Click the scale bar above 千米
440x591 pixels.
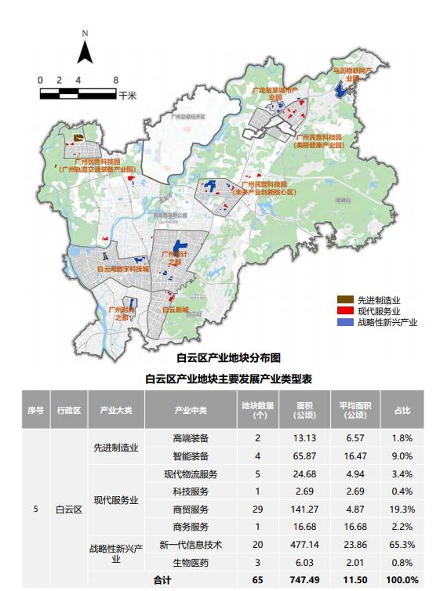pyautogui.click(x=78, y=94)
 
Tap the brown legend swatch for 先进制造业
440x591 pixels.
pyautogui.click(x=344, y=300)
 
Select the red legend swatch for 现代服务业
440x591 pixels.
pyautogui.click(x=344, y=311)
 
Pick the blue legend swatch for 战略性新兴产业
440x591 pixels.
pyautogui.click(x=344, y=322)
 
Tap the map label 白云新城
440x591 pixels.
pyautogui.click(x=175, y=310)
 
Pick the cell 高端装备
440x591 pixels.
pyautogui.click(x=190, y=439)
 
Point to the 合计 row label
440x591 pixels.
pyautogui.click(x=162, y=580)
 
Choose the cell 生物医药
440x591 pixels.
pyautogui.click(x=190, y=562)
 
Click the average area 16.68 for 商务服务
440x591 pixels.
pyautogui.click(x=353, y=526)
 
